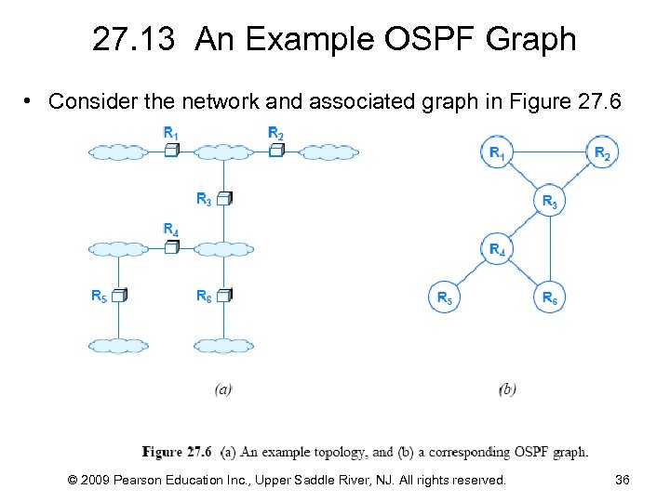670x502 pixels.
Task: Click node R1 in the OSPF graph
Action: [x=498, y=152]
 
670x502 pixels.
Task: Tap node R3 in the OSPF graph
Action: [x=550, y=201]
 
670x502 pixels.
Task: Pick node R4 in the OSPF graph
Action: [x=498, y=248]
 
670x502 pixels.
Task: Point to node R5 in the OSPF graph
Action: [x=445, y=297]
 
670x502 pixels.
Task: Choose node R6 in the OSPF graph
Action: [x=550, y=297]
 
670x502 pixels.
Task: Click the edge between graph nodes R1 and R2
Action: [x=550, y=152]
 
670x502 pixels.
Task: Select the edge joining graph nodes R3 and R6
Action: [x=550, y=249]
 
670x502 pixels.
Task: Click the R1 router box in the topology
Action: [x=171, y=149]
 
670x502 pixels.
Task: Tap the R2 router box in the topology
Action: [x=275, y=149]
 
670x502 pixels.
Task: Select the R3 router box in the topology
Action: [x=223, y=198]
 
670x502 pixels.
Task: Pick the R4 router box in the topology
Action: [x=171, y=246]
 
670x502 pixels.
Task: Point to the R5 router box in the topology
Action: [x=119, y=296]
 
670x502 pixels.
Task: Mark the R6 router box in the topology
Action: [x=223, y=296]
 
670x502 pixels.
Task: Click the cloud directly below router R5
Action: [x=119, y=345]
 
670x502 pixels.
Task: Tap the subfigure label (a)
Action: [x=223, y=390]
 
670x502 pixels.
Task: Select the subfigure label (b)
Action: [x=507, y=390]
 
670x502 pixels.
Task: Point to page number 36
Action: [x=623, y=480]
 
